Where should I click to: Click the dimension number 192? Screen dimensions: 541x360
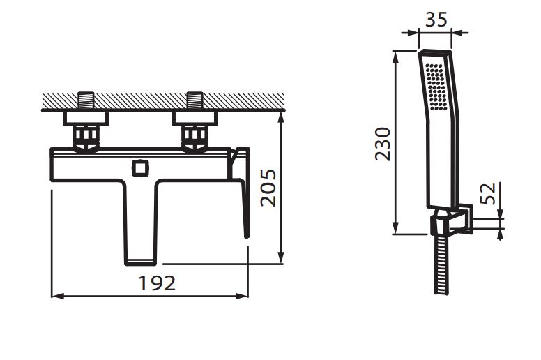pyautogui.click(x=157, y=283)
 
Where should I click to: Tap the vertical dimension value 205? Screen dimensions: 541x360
pyautogui.click(x=268, y=188)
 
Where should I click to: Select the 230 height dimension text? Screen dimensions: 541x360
pyautogui.click(x=383, y=144)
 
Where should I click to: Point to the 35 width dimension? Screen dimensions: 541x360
pyautogui.click(x=436, y=19)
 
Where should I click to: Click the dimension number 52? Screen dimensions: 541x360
pyautogui.click(x=488, y=194)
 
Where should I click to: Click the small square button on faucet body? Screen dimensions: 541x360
pyautogui.click(x=140, y=168)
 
